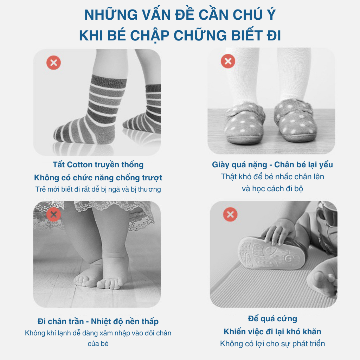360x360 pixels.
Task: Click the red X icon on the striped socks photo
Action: click(x=53, y=63)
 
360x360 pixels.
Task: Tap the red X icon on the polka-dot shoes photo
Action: click(x=228, y=61)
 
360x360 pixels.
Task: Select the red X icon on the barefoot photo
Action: click(x=53, y=214)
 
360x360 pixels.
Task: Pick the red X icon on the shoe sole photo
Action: click(x=230, y=214)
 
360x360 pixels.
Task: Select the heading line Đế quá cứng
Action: click(x=272, y=319)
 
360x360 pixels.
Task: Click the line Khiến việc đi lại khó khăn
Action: click(x=272, y=332)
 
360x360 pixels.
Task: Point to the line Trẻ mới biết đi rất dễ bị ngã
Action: click(x=98, y=189)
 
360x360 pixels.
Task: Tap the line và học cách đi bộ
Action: click(x=272, y=189)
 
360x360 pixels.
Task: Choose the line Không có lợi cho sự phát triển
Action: click(x=272, y=344)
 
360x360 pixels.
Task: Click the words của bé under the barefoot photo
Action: click(x=98, y=344)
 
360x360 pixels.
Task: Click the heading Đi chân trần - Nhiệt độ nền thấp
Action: click(x=98, y=321)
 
